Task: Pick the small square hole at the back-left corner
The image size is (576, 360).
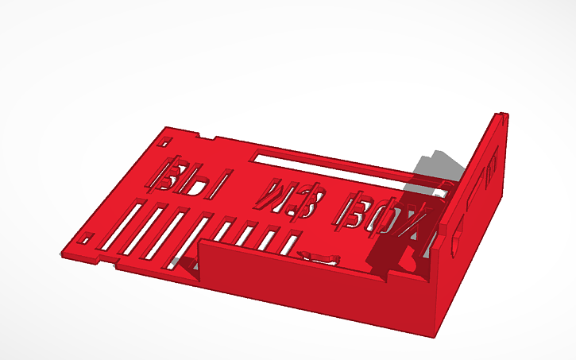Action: [x=164, y=142]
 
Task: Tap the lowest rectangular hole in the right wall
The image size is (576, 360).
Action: [x=456, y=238]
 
